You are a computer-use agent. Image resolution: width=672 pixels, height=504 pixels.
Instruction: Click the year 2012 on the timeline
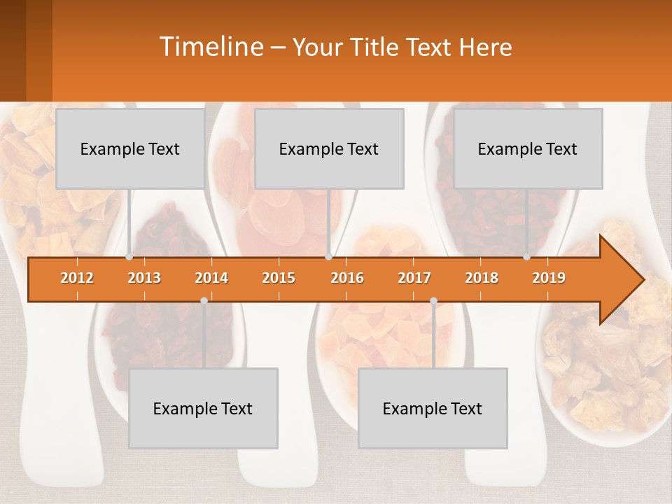(x=77, y=278)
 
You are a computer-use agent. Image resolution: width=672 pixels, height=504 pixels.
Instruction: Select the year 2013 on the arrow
(x=144, y=278)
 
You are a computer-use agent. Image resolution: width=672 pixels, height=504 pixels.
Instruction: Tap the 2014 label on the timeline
(x=211, y=278)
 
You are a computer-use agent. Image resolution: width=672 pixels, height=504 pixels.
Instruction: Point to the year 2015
(x=279, y=278)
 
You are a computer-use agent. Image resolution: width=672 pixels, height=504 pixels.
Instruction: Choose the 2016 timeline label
(x=347, y=278)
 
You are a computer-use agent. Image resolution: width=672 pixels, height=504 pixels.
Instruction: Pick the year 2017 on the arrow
(x=414, y=278)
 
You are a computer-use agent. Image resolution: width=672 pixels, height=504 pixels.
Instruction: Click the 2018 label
(x=482, y=278)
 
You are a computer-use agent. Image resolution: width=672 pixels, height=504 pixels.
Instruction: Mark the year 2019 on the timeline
(x=549, y=278)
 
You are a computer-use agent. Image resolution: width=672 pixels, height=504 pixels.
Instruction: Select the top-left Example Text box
(x=130, y=148)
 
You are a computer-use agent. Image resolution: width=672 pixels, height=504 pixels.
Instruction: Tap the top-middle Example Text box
(x=329, y=148)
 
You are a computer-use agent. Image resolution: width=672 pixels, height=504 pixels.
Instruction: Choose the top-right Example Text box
(x=528, y=148)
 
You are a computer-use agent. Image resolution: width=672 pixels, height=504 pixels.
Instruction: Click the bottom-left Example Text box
(x=203, y=408)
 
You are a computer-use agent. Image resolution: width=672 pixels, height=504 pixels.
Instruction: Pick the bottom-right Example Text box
(x=433, y=408)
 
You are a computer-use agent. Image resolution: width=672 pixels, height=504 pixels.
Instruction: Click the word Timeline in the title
(x=210, y=47)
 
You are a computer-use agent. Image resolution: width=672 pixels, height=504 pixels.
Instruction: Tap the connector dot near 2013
(x=129, y=257)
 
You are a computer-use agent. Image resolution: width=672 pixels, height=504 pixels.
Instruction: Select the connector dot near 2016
(x=328, y=257)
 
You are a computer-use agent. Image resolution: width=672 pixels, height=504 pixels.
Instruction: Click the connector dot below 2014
(x=204, y=300)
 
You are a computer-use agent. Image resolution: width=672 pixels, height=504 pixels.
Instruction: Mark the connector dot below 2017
(x=433, y=300)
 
